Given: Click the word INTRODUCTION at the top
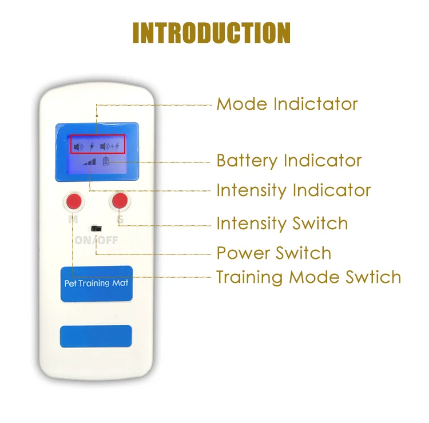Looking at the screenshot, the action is point(212,33).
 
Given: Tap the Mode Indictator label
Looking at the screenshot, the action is point(287,104).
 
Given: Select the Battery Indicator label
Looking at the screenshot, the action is point(289,161).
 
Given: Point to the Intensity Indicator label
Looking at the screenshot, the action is point(293,190).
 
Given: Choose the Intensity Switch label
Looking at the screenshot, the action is point(282,223).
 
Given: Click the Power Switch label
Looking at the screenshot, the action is point(274,253).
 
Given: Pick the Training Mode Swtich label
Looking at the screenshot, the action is point(308,277).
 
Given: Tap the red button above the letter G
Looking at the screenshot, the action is point(120,201).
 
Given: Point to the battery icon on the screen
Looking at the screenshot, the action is point(105,162).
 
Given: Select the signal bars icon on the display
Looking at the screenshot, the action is point(89,162).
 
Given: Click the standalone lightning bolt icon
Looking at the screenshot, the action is point(92,146).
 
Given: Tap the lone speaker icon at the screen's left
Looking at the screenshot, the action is point(79,146).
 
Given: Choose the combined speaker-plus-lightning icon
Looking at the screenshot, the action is point(110,146).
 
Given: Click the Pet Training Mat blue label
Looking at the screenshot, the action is point(96,283).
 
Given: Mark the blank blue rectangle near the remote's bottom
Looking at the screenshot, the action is point(96,336).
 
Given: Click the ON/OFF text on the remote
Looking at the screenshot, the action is point(96,240).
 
